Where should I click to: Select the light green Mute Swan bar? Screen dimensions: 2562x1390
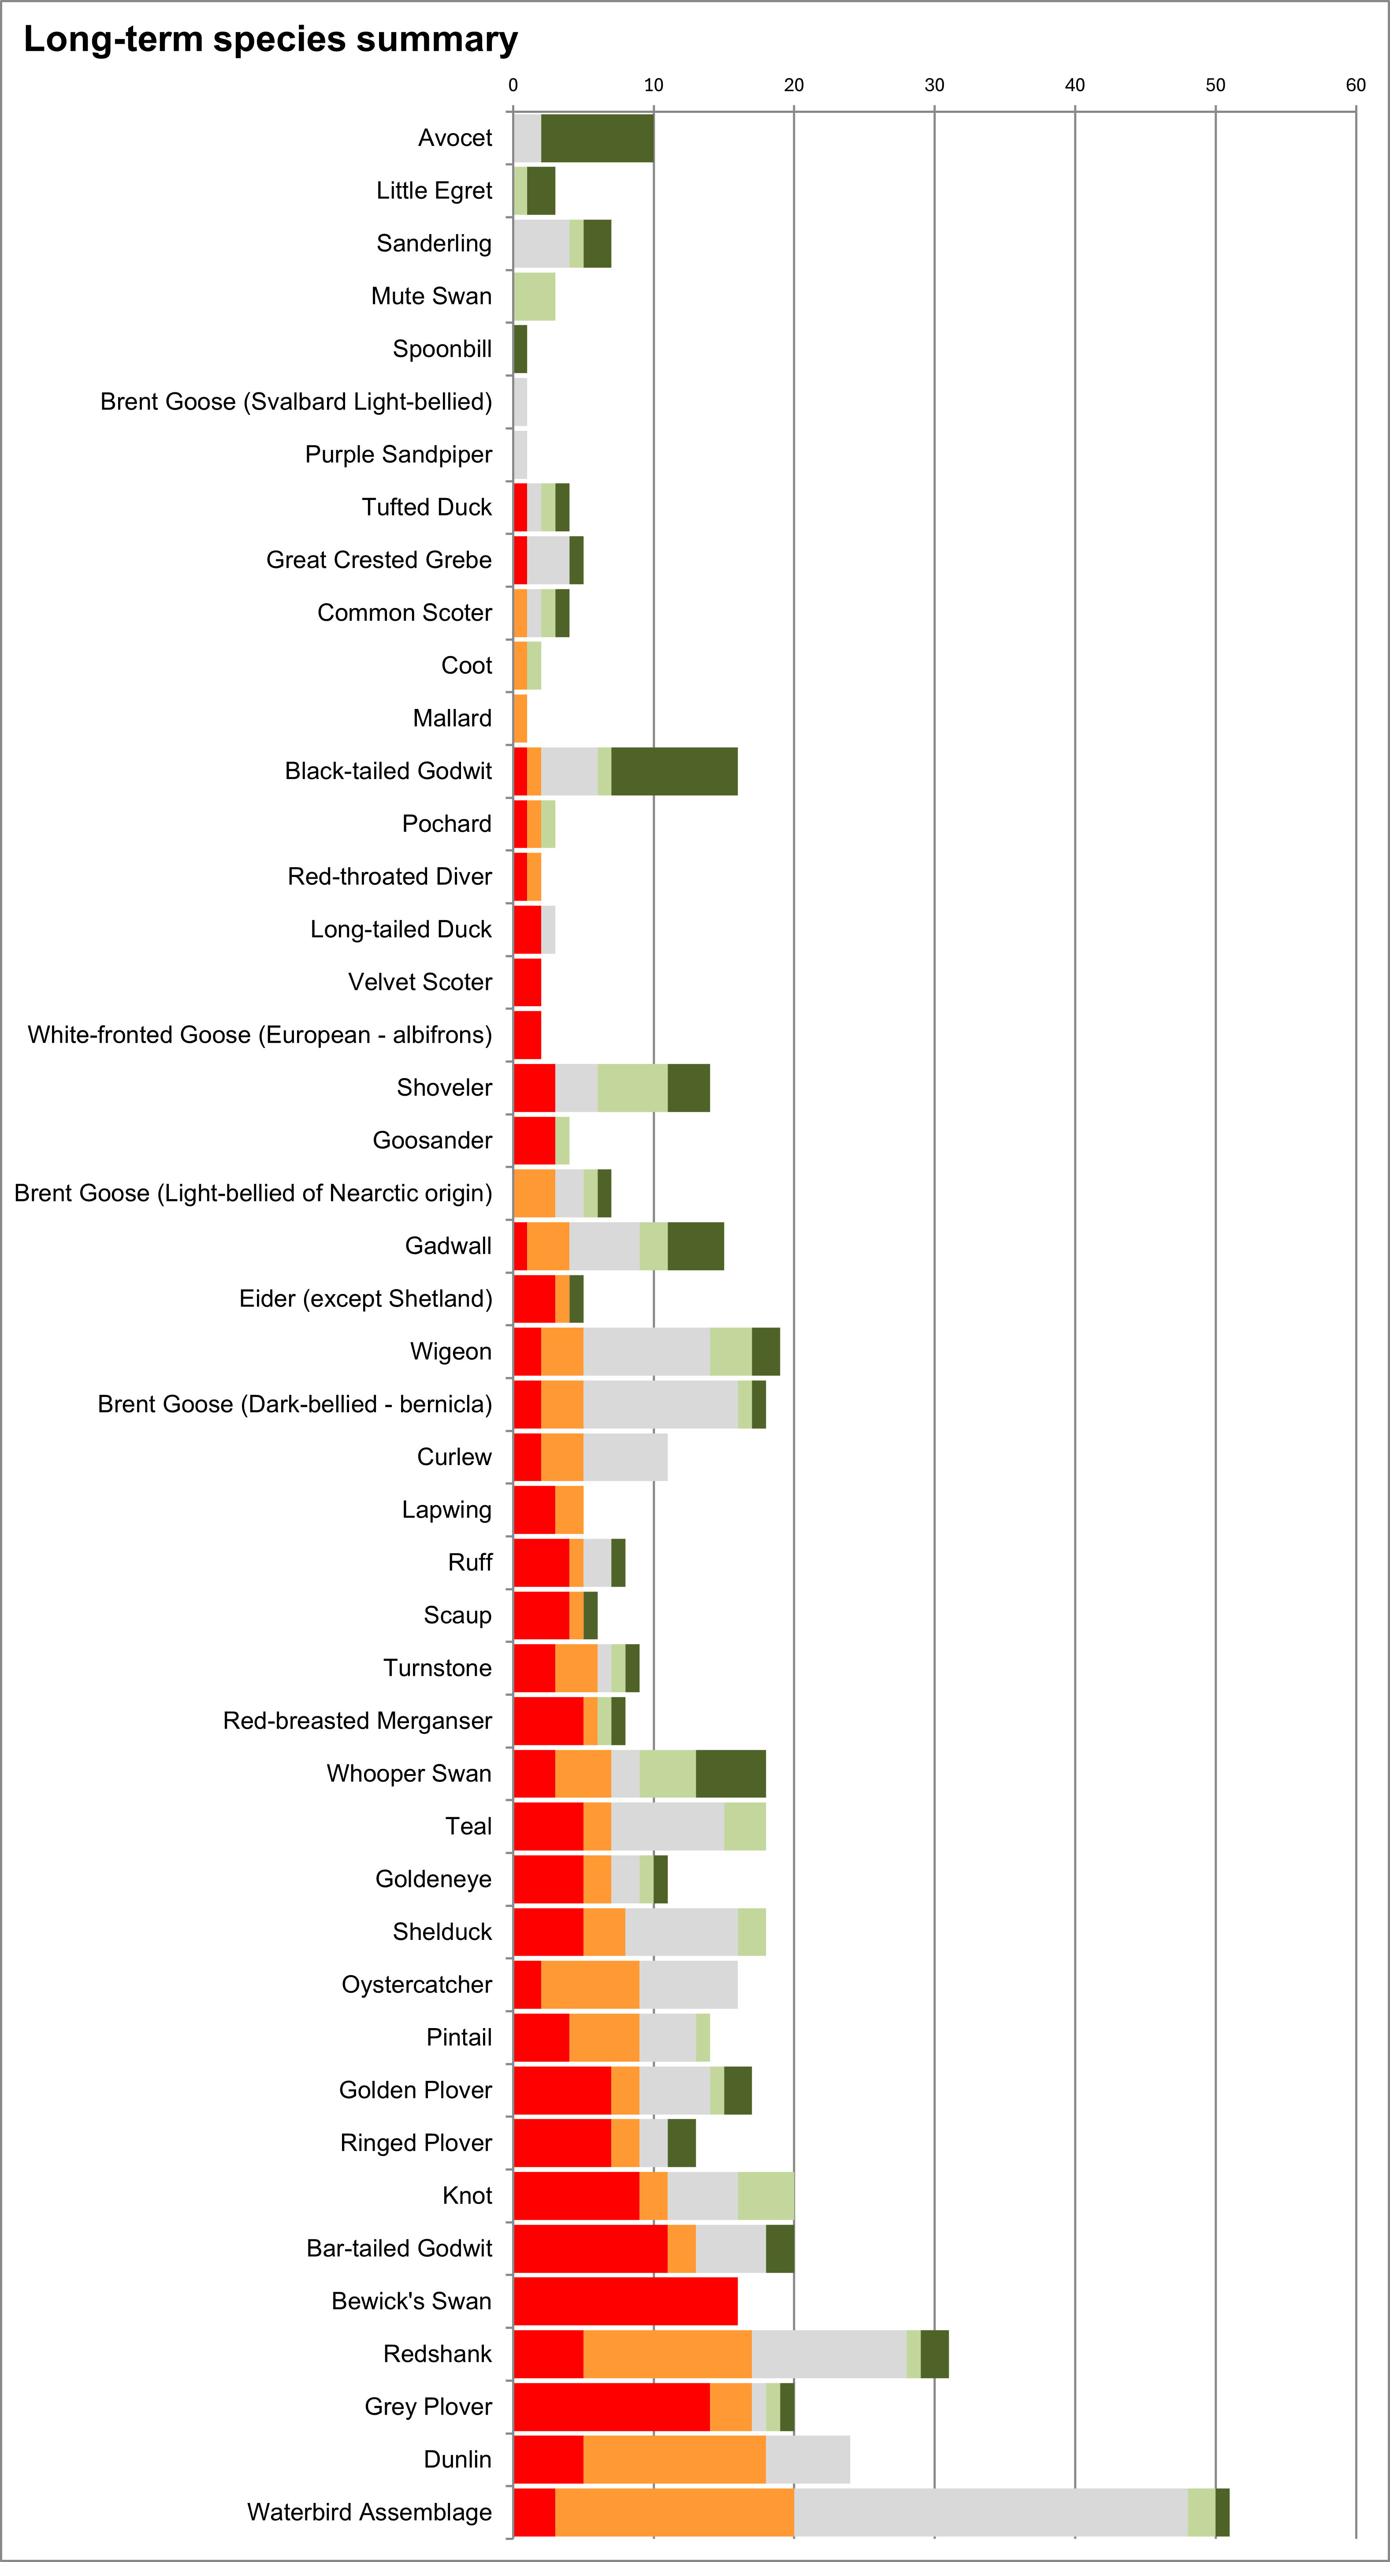point(534,296)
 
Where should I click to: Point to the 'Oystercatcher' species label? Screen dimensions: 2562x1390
point(416,1984)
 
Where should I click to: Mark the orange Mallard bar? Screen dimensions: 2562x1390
point(520,718)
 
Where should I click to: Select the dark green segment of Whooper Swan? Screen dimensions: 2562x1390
point(731,1773)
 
